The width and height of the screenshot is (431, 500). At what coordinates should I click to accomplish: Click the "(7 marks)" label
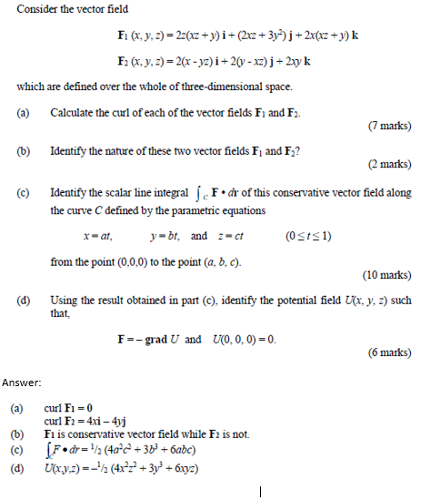388,124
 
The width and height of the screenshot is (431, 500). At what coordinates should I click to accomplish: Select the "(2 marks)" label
388,165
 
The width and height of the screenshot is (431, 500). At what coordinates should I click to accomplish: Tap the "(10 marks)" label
386,274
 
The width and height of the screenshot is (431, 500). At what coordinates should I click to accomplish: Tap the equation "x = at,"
96,235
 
